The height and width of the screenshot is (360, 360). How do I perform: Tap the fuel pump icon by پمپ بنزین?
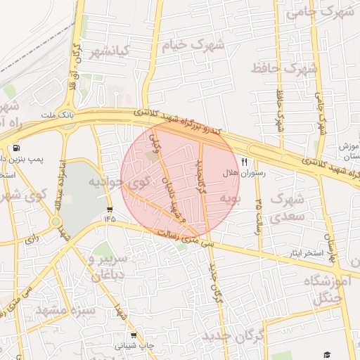(16, 148)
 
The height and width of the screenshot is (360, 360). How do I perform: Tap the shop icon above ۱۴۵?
(110, 210)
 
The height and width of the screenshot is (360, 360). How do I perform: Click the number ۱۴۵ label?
(110, 219)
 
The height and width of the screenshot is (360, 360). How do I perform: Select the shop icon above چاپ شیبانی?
(133, 335)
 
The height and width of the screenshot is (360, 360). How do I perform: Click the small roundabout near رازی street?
(56, 221)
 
